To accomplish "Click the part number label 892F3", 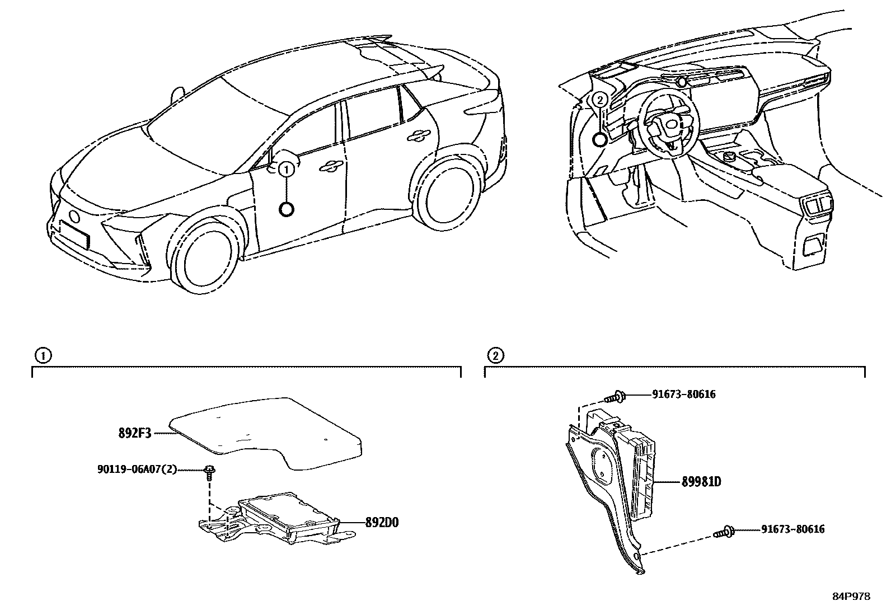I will click(x=135, y=433).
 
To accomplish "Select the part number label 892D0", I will click(x=382, y=523).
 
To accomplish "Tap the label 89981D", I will click(x=701, y=482).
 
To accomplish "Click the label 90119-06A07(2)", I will click(x=137, y=469).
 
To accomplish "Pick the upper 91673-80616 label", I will click(x=683, y=395).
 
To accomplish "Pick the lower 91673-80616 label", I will click(x=792, y=529).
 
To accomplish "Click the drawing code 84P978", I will click(x=851, y=597).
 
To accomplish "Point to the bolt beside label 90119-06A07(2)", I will click(x=210, y=472).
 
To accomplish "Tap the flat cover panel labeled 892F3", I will click(x=263, y=431).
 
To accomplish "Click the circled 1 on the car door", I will click(x=286, y=168).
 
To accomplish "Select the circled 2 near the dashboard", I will click(x=599, y=101).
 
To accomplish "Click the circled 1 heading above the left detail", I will click(x=43, y=355).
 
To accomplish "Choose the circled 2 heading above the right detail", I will click(x=495, y=355).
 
